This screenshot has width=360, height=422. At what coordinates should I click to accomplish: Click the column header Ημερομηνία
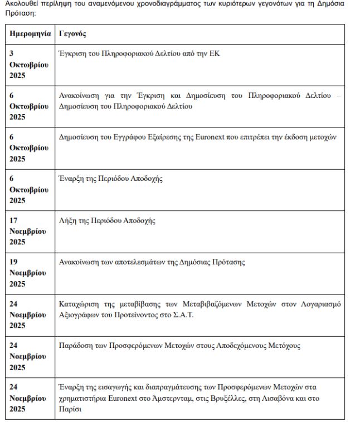[x=29, y=35]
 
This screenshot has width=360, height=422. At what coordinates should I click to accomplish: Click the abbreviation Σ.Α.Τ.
[x=195, y=315]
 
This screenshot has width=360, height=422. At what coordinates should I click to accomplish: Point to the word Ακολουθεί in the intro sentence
[x=22, y=3]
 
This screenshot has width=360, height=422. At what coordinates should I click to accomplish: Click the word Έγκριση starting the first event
[x=73, y=55]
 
